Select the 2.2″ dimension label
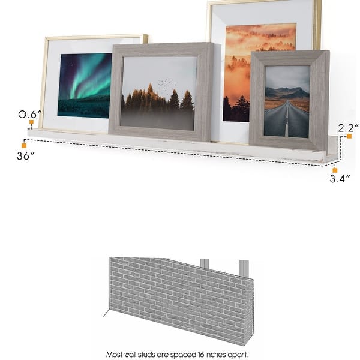[348, 128]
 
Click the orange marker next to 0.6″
[30, 124]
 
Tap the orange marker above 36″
[24, 145]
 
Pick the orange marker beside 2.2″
[349, 137]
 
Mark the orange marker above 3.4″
[335, 170]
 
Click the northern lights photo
[85, 85]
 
